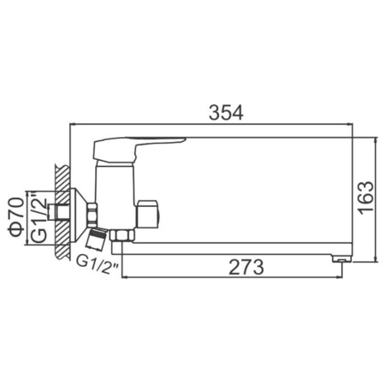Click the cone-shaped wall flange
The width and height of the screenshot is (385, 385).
click(x=80, y=210)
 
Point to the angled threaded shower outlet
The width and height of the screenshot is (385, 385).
click(x=96, y=236)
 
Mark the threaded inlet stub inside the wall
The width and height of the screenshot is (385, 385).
click(x=60, y=210)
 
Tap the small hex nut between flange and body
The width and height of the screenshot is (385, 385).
click(x=91, y=210)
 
